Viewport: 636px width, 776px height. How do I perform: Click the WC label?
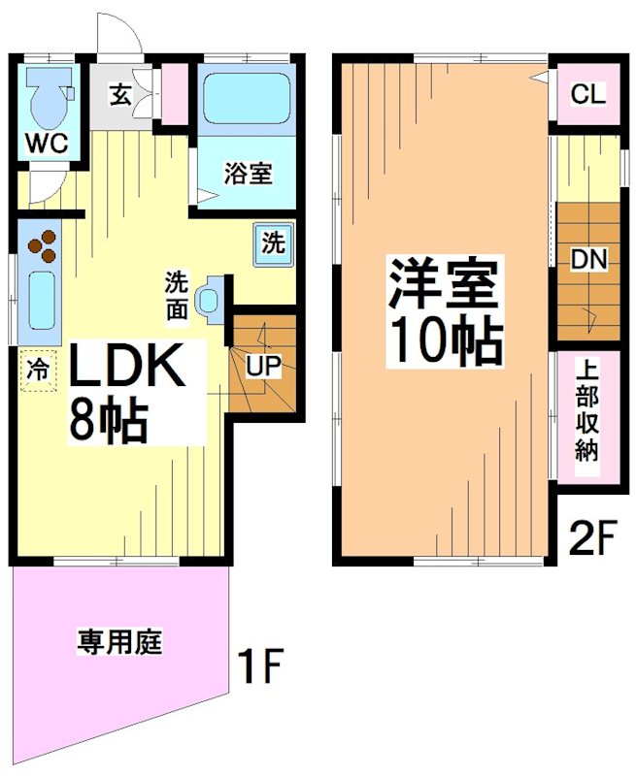[46, 144]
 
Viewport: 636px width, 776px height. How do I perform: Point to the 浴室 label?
[248, 175]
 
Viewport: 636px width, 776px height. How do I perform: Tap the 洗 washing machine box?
[274, 243]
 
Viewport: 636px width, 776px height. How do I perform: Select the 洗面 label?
[177, 294]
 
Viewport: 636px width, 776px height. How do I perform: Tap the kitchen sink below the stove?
[41, 301]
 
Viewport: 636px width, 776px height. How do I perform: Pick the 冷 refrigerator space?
[37, 370]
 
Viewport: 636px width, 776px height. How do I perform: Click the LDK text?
[123, 370]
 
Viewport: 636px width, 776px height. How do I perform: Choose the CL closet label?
[587, 95]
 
